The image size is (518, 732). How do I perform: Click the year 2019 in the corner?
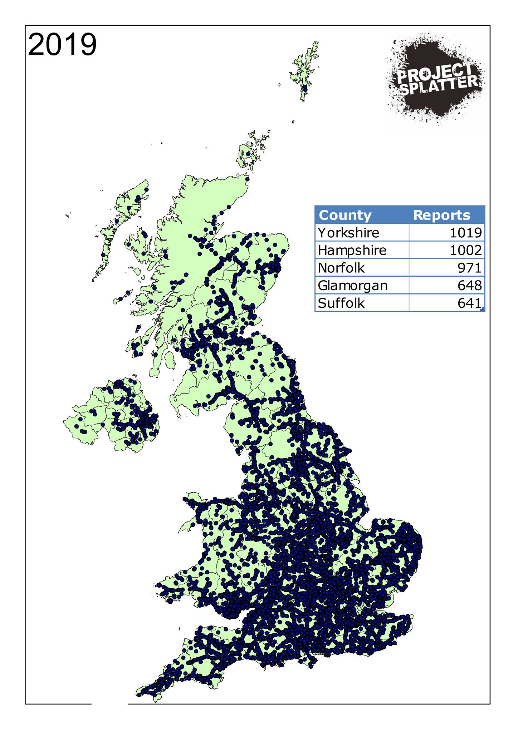tap(62, 45)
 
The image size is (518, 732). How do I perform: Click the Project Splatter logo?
tap(435, 79)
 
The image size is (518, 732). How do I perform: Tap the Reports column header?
tap(441, 215)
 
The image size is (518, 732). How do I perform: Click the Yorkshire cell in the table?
tap(348, 233)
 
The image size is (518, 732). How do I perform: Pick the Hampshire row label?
tap(352, 250)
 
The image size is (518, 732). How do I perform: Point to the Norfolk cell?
tap(341, 268)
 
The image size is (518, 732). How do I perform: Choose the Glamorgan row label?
tap(353, 286)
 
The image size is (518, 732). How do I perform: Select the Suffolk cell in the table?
tap(341, 303)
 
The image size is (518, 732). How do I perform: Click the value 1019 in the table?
tap(465, 233)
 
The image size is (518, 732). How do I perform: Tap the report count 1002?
tap(465, 250)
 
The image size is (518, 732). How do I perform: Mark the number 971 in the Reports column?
tap(469, 268)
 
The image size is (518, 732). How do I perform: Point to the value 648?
tap(469, 286)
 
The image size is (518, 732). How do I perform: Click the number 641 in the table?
tap(469, 303)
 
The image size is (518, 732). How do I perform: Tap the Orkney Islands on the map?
tap(250, 152)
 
